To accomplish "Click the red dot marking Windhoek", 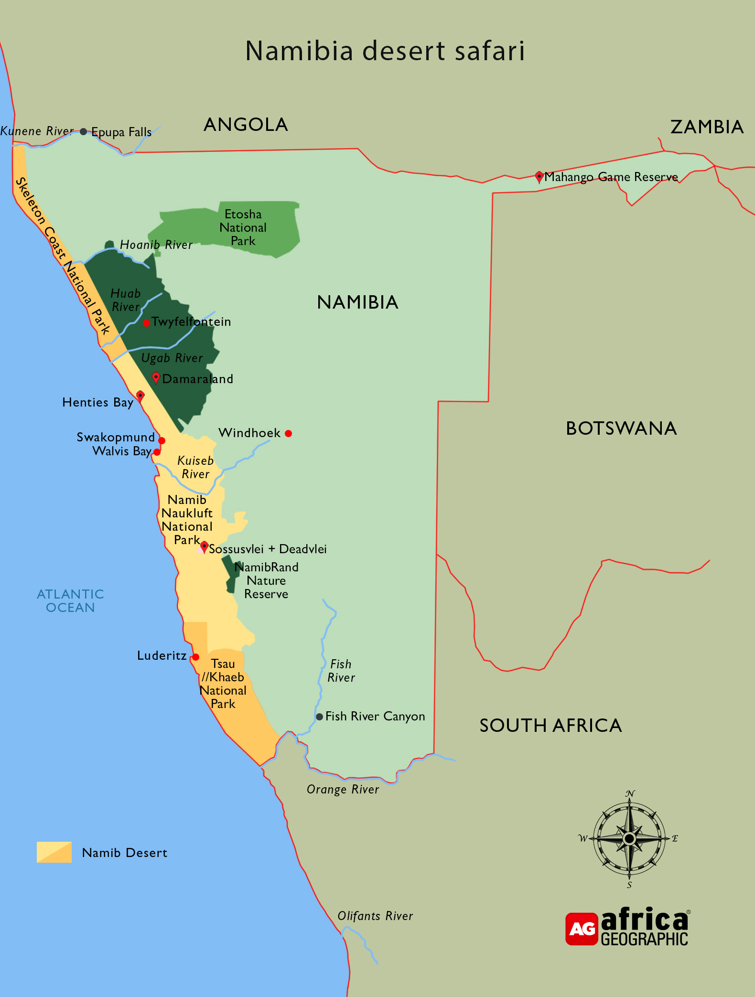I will (288, 433).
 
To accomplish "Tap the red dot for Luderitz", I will (195, 657).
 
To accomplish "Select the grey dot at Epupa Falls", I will (84, 132).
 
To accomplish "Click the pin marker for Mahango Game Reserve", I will (539, 177).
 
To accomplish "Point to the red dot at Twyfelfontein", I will (147, 323).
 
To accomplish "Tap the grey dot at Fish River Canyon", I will (319, 717).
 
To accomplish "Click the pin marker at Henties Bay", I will (140, 396).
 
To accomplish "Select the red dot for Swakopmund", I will (162, 440).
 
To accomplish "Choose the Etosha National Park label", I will (243, 227).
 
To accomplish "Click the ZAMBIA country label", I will (707, 127).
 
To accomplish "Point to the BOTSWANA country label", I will (621, 429).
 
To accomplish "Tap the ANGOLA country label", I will (246, 125).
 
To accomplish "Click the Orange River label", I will (343, 789).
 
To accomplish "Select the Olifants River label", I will (375, 916).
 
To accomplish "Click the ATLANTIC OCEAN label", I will (70, 600).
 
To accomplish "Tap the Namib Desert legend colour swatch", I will (54, 852).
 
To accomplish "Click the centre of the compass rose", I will (629, 838).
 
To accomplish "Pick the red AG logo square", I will (582, 929).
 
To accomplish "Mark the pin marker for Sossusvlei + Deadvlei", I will (204, 547).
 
